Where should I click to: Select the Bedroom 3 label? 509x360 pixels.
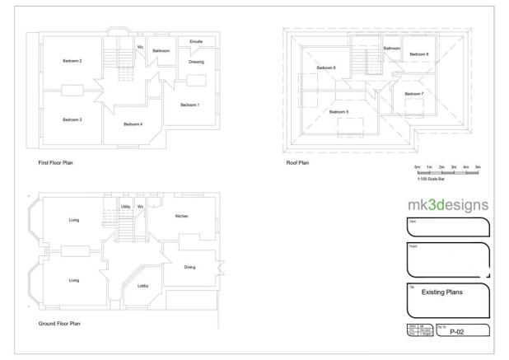point(72,119)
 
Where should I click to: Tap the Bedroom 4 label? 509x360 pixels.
point(133,124)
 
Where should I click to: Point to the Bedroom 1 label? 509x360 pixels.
point(190,105)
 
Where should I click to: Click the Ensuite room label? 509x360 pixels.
point(196,40)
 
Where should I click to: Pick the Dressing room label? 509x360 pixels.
point(196,62)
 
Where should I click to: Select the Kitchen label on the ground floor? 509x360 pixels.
point(182,216)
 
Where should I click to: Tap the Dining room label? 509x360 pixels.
point(189,267)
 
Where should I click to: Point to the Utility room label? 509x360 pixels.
point(126,206)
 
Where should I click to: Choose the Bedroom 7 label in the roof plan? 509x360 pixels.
point(414,94)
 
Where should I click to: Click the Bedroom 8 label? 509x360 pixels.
point(421,54)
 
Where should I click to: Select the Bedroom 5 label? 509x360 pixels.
point(339,111)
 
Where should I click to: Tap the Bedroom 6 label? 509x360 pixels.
point(327,68)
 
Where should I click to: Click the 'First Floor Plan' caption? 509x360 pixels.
point(56,163)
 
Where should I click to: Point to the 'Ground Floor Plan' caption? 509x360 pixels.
point(59,323)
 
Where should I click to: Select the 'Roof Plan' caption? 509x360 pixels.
point(297,163)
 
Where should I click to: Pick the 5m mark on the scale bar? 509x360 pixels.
point(478,167)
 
